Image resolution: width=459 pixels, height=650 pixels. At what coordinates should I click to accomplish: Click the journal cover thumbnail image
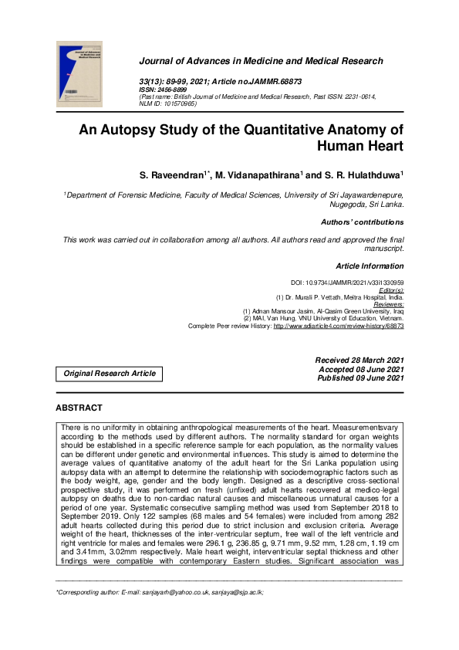click(x=79, y=75)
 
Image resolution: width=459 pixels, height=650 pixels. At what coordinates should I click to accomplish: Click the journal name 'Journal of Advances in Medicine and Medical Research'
click(x=260, y=61)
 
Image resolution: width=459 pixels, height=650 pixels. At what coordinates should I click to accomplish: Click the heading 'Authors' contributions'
click(x=363, y=222)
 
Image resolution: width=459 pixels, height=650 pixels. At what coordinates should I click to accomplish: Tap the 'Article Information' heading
click(x=370, y=266)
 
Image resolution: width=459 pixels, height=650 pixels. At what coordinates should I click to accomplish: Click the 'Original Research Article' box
click(x=109, y=374)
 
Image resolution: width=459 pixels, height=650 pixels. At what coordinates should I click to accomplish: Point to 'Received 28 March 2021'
click(x=359, y=361)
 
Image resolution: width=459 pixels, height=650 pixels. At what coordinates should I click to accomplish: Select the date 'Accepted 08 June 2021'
click(x=361, y=369)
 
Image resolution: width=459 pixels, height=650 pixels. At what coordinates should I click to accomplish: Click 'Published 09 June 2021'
click(x=360, y=377)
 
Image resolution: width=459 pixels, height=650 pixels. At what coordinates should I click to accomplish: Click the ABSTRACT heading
click(x=79, y=407)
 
